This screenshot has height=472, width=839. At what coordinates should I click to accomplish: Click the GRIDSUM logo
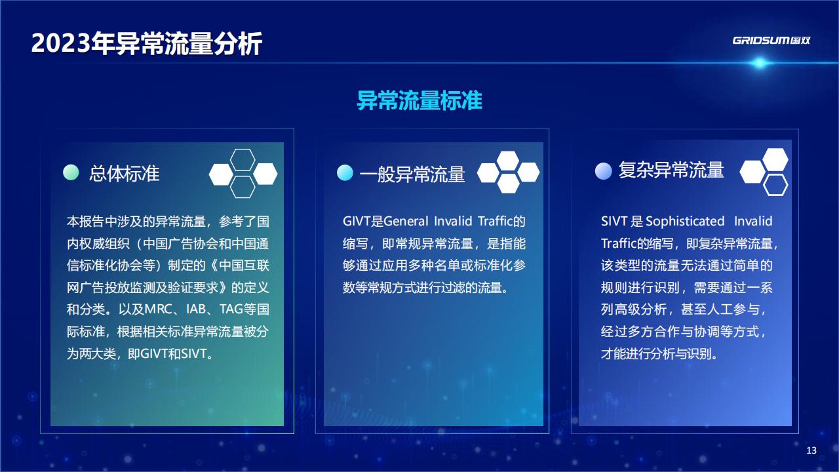point(771,41)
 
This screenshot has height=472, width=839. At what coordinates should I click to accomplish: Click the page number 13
point(811,450)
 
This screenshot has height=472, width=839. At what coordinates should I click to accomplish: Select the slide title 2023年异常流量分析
point(146,43)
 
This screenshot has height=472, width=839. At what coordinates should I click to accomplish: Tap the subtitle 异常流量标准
point(419,100)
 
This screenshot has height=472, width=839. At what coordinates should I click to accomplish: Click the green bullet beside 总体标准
point(71,172)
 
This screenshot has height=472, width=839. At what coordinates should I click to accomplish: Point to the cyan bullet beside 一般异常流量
point(345,172)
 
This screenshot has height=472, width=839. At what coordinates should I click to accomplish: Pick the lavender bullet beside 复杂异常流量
point(604,171)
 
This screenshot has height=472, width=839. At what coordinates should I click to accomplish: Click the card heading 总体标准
point(124,174)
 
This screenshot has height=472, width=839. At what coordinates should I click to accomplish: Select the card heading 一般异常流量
point(412,174)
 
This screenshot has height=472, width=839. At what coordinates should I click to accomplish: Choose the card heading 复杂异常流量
point(671,170)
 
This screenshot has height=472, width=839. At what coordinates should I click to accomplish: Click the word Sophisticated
point(685,221)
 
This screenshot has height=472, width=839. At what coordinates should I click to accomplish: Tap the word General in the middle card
point(406,221)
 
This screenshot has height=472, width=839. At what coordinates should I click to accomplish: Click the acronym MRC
point(158,309)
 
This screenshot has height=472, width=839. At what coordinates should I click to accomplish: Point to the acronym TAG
point(231,309)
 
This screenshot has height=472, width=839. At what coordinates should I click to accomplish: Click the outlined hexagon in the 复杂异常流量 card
point(775,185)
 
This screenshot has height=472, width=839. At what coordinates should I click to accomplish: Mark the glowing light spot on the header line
point(759,62)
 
